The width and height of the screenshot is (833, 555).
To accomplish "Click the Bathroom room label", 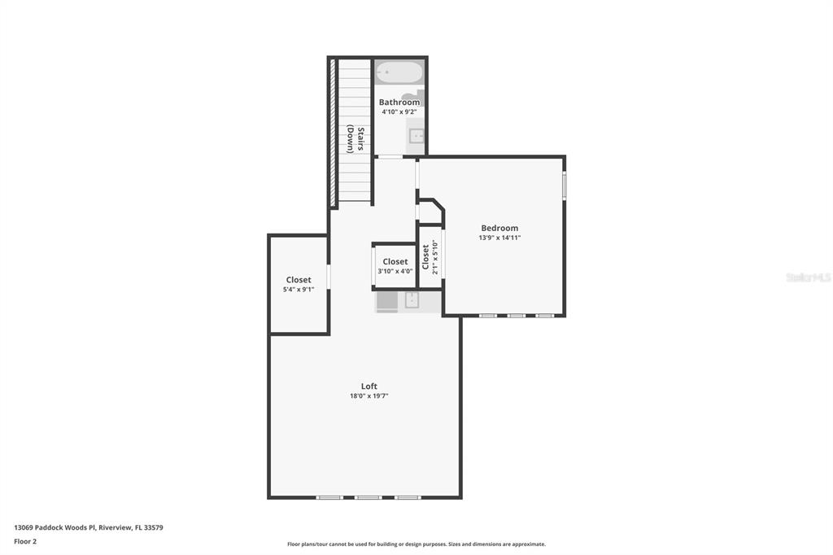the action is (399, 102).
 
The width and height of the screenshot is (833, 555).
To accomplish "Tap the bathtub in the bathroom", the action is (399, 72).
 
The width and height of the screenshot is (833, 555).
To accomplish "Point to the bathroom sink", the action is (416, 136).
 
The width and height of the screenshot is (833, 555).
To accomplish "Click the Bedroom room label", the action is (499, 228).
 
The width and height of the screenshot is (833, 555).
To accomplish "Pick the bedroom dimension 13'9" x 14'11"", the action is (499, 238).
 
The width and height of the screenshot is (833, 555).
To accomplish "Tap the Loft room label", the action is (369, 387).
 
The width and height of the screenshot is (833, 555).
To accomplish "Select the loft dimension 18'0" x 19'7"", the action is (369, 396).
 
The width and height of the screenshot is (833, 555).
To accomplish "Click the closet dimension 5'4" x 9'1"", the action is (299, 290).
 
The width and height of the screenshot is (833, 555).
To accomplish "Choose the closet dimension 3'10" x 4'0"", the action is (395, 271).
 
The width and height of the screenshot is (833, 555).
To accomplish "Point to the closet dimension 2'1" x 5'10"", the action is (435, 257).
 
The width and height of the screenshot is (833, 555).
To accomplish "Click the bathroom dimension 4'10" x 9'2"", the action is (399, 112).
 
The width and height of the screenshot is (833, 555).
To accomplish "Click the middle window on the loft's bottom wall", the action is (369, 497).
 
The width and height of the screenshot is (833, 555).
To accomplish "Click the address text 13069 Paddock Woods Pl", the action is (55, 528).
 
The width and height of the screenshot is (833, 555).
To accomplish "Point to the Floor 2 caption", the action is (25, 542).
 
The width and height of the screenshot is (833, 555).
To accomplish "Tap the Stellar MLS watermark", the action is (808, 277).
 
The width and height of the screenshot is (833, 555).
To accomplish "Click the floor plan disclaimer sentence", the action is (416, 544).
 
